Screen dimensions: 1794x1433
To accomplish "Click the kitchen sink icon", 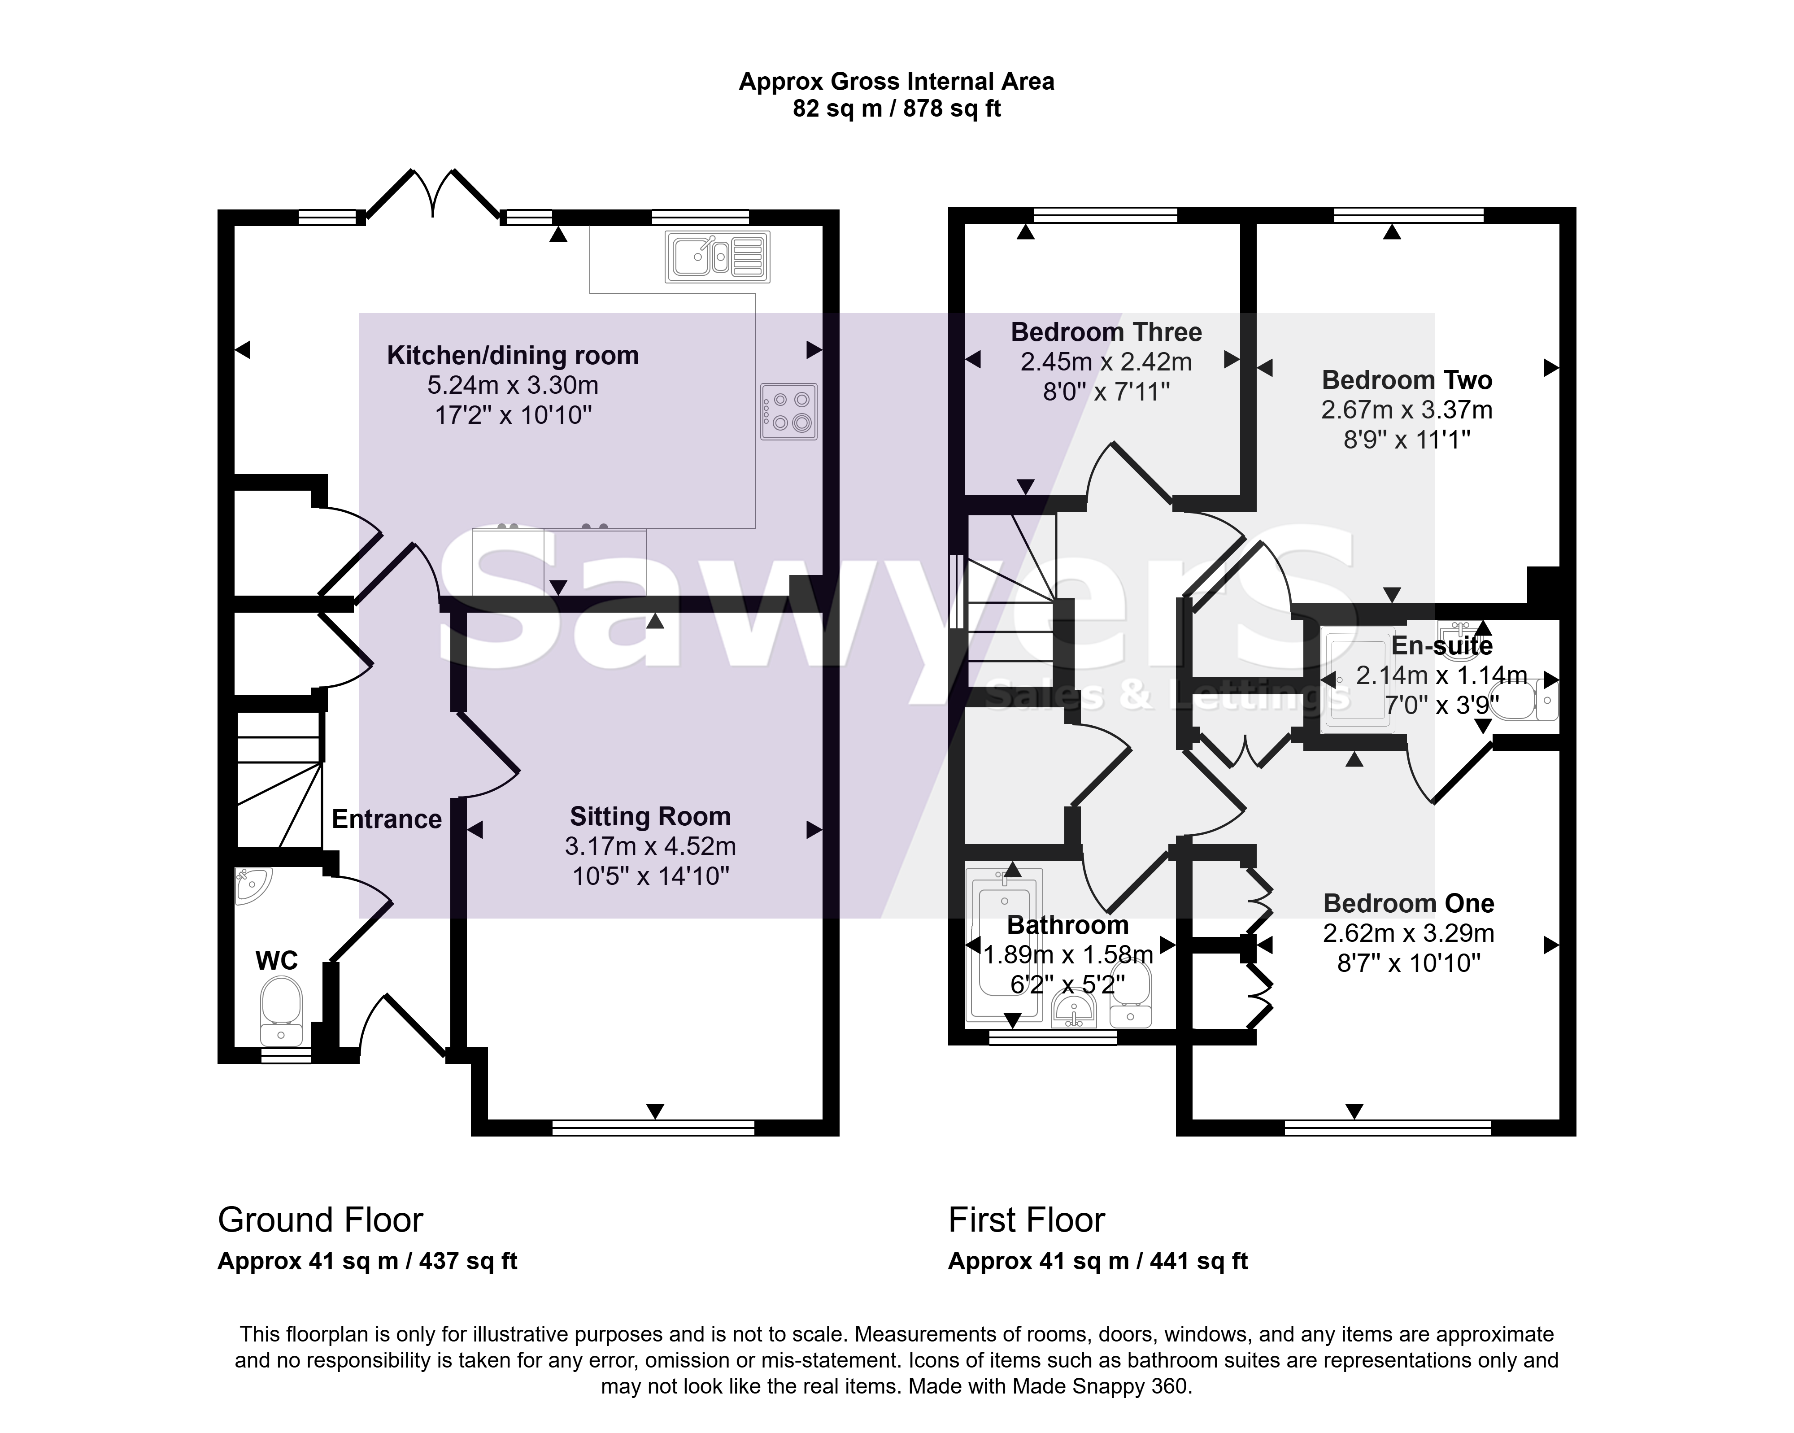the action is (x=717, y=256).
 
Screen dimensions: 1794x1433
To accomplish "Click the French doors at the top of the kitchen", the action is (x=433, y=194).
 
